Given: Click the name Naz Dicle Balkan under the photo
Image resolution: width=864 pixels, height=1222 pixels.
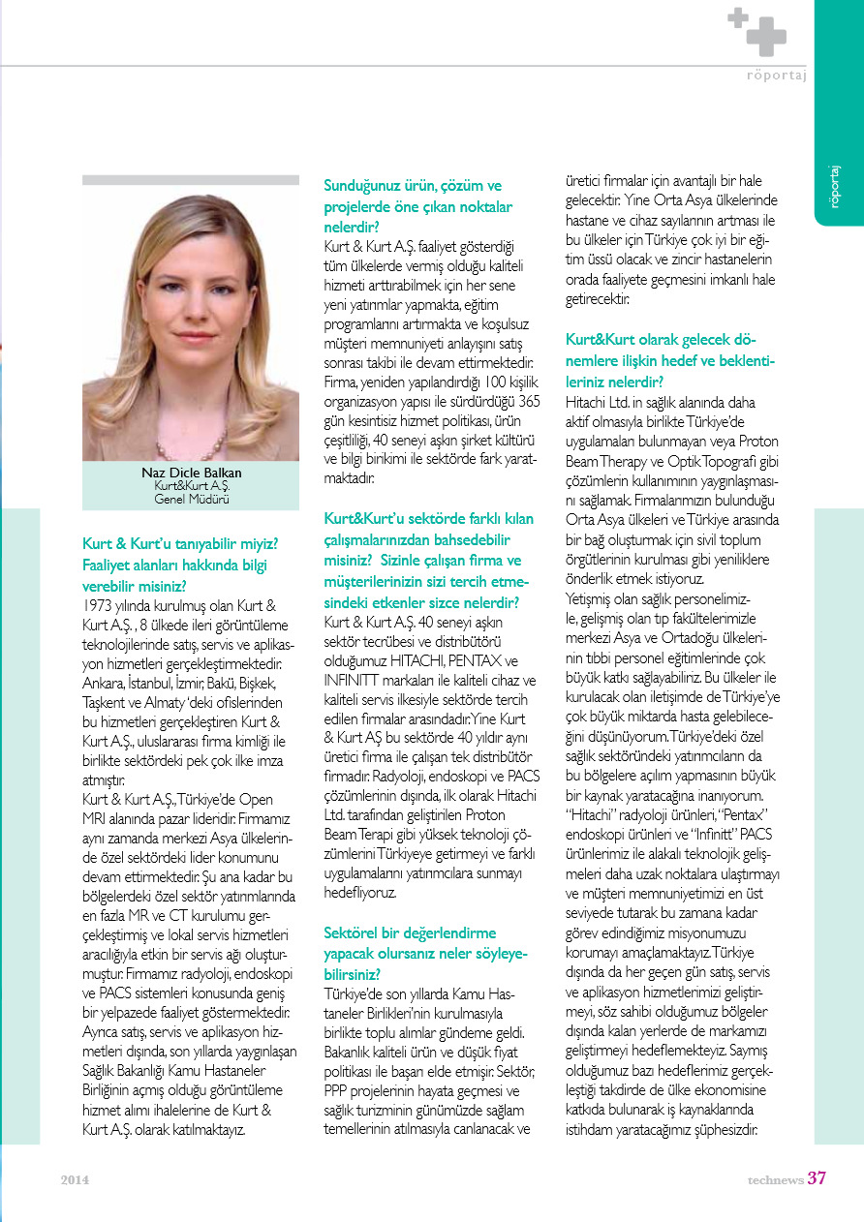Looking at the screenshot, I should (x=191, y=473).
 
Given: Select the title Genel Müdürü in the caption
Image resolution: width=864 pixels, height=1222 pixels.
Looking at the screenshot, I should (x=191, y=500).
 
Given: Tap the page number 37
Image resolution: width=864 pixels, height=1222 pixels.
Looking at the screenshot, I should (x=817, y=1178).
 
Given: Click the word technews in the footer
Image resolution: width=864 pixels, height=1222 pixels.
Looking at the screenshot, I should (x=775, y=1179).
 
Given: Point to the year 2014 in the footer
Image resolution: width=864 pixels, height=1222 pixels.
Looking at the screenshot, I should (x=75, y=1179).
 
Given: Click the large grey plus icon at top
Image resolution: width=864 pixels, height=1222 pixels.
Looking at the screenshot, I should (x=766, y=37).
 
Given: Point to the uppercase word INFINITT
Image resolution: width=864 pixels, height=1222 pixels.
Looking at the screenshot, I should (x=355, y=680).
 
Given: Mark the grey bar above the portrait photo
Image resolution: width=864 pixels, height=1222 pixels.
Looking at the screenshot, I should (x=191, y=179).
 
